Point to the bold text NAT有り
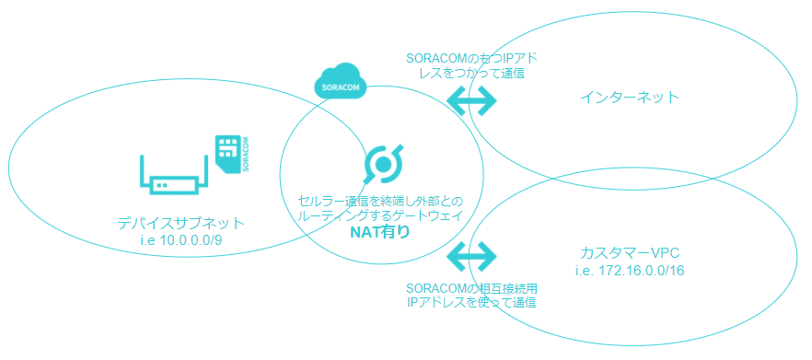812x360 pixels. point(379,232)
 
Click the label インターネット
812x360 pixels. point(631,97)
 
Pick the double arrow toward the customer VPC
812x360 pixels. point(471,254)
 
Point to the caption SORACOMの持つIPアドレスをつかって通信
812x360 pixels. point(471,64)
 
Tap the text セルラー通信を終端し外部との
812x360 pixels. point(379,200)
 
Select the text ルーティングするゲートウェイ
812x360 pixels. point(379,215)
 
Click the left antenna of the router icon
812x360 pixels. point(143,168)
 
